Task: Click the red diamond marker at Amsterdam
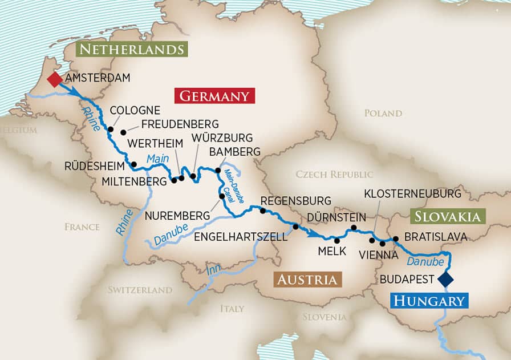coord(54,79)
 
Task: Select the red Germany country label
coord(214,96)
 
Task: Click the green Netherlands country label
coord(132,49)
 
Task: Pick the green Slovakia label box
coord(447,216)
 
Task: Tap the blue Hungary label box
coord(429,301)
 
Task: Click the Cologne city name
coord(135,111)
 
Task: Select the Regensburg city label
coord(295,201)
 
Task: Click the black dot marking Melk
coord(337,240)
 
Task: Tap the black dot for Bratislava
coord(395,238)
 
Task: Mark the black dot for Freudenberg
coord(123,132)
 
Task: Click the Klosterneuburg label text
coord(412,194)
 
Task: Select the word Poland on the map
coord(383,113)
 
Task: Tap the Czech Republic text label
coord(334,174)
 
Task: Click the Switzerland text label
coord(140,290)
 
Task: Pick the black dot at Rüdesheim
coord(134,165)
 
